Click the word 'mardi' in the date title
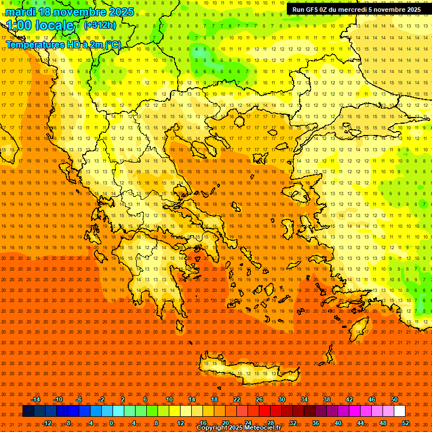[21, 12]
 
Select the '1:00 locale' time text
[40, 25]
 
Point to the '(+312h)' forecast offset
[100, 25]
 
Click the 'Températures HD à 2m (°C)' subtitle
[63, 44]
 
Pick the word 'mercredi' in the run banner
[350, 10]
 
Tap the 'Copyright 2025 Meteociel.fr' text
[238, 428]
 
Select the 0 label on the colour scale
[111, 423]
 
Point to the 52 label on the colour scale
[406, 423]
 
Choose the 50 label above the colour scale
[394, 399]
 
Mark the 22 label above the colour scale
[237, 399]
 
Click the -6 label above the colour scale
[79, 399]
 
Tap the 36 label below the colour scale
[316, 423]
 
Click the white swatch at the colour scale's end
[399, 411]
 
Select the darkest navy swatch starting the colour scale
[28, 411]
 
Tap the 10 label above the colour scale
[169, 399]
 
